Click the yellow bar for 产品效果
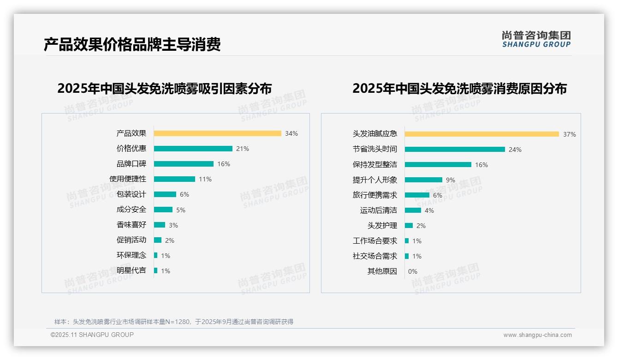tap(217, 133)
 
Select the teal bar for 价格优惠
tap(193, 149)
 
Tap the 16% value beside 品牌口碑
tap(224, 164)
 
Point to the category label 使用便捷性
tap(128, 179)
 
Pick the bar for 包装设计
tap(165, 194)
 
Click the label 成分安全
tap(131, 210)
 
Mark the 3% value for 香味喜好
tap(173, 225)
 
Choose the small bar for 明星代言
tap(155, 270)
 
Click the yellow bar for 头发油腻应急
tap(481, 134)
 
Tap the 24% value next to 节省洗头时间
tap(515, 150)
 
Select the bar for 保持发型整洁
tap(438, 165)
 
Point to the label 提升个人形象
tap(375, 180)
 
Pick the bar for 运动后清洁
tap(413, 210)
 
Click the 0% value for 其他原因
tap(413, 271)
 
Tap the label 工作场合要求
tap(375, 241)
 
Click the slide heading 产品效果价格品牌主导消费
tap(132, 44)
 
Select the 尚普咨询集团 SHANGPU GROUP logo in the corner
tap(536, 39)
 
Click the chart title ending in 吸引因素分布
tap(165, 88)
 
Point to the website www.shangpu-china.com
tap(537, 335)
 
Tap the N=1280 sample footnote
tap(174, 322)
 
